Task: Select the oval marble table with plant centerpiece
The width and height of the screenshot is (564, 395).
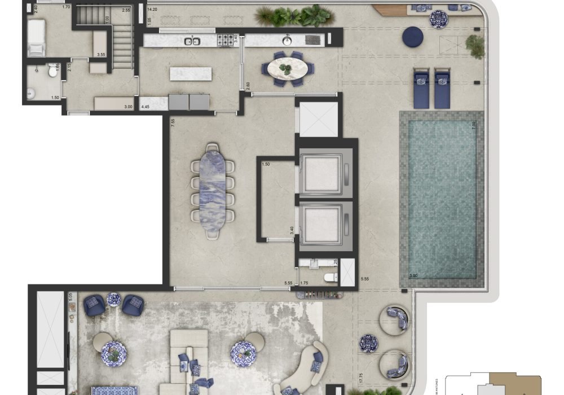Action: click(288, 69)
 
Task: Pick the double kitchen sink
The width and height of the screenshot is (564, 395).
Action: click(192, 41)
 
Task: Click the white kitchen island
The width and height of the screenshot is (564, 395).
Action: click(191, 73)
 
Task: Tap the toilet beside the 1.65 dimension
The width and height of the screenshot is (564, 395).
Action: click(52, 71)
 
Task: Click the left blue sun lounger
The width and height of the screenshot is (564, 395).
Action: click(421, 89)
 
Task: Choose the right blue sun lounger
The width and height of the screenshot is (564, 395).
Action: click(442, 89)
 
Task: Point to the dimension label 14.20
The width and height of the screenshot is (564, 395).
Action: click(151, 10)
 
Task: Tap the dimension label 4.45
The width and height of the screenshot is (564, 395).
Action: click(146, 107)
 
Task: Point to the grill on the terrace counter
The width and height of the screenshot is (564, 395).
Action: click(312, 39)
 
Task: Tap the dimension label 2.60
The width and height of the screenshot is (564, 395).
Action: click(248, 86)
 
